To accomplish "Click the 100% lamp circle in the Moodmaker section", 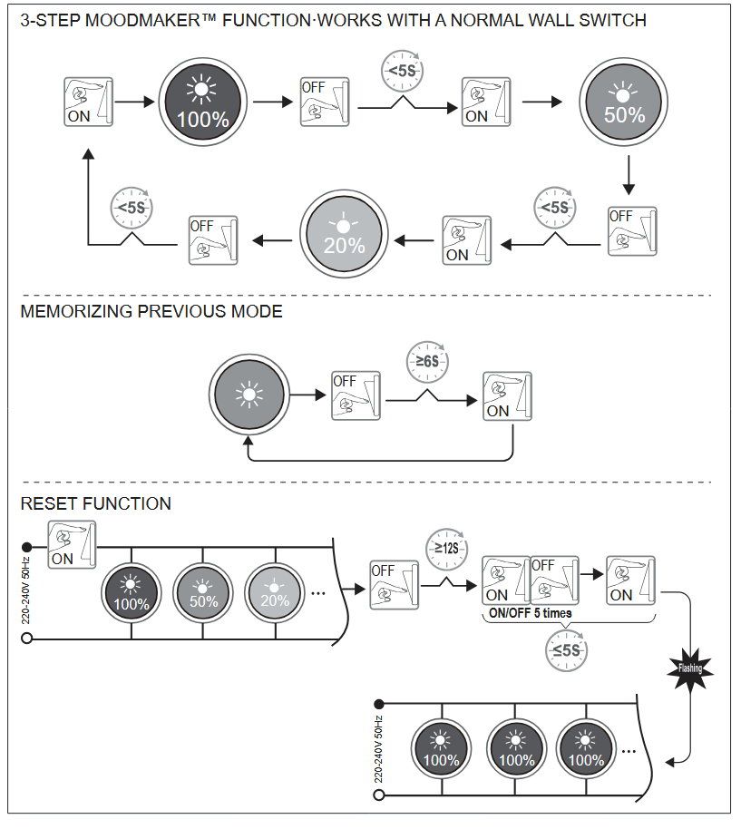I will [202, 102].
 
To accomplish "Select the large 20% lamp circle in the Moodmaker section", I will [345, 233].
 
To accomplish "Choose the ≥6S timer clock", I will [427, 360].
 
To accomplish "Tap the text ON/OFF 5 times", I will [531, 613].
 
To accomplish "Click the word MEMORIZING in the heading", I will [77, 312].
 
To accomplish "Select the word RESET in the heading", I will [49, 503].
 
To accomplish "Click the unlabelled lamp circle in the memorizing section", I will [248, 396].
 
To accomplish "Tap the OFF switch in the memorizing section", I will [355, 395].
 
